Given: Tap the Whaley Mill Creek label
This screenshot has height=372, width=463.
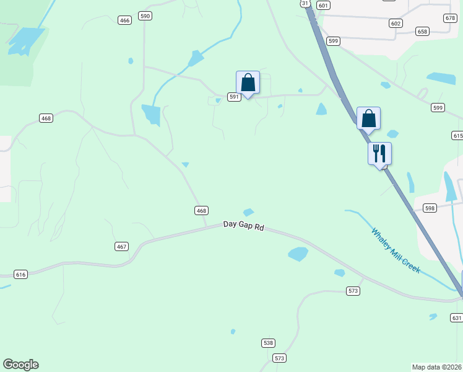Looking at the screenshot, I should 396,250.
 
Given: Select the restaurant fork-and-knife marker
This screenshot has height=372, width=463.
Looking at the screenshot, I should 379,154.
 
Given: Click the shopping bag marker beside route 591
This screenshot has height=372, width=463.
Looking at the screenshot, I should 248,82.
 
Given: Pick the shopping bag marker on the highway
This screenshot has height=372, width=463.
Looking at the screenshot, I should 368,118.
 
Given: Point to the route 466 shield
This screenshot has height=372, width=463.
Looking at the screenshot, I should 125,20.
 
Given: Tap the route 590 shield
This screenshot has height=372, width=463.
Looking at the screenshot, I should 145,16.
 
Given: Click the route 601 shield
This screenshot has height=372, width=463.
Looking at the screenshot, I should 323,5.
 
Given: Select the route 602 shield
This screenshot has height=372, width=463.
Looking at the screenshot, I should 396,23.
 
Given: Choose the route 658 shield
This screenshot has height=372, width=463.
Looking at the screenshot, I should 423,31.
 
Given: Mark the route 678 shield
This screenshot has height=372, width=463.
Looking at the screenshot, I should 450,19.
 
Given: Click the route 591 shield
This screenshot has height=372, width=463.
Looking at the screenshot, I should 233,97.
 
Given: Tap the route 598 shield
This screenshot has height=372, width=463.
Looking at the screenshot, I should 430,208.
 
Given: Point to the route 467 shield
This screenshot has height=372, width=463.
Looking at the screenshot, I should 121,247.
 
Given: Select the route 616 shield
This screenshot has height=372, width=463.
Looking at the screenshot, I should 21,274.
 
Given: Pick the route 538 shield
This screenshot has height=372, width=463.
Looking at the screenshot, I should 268,343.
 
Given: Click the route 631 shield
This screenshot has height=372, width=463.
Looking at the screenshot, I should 457,318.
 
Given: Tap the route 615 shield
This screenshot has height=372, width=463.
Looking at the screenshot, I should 457,135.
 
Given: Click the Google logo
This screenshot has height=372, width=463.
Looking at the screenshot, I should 20,365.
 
